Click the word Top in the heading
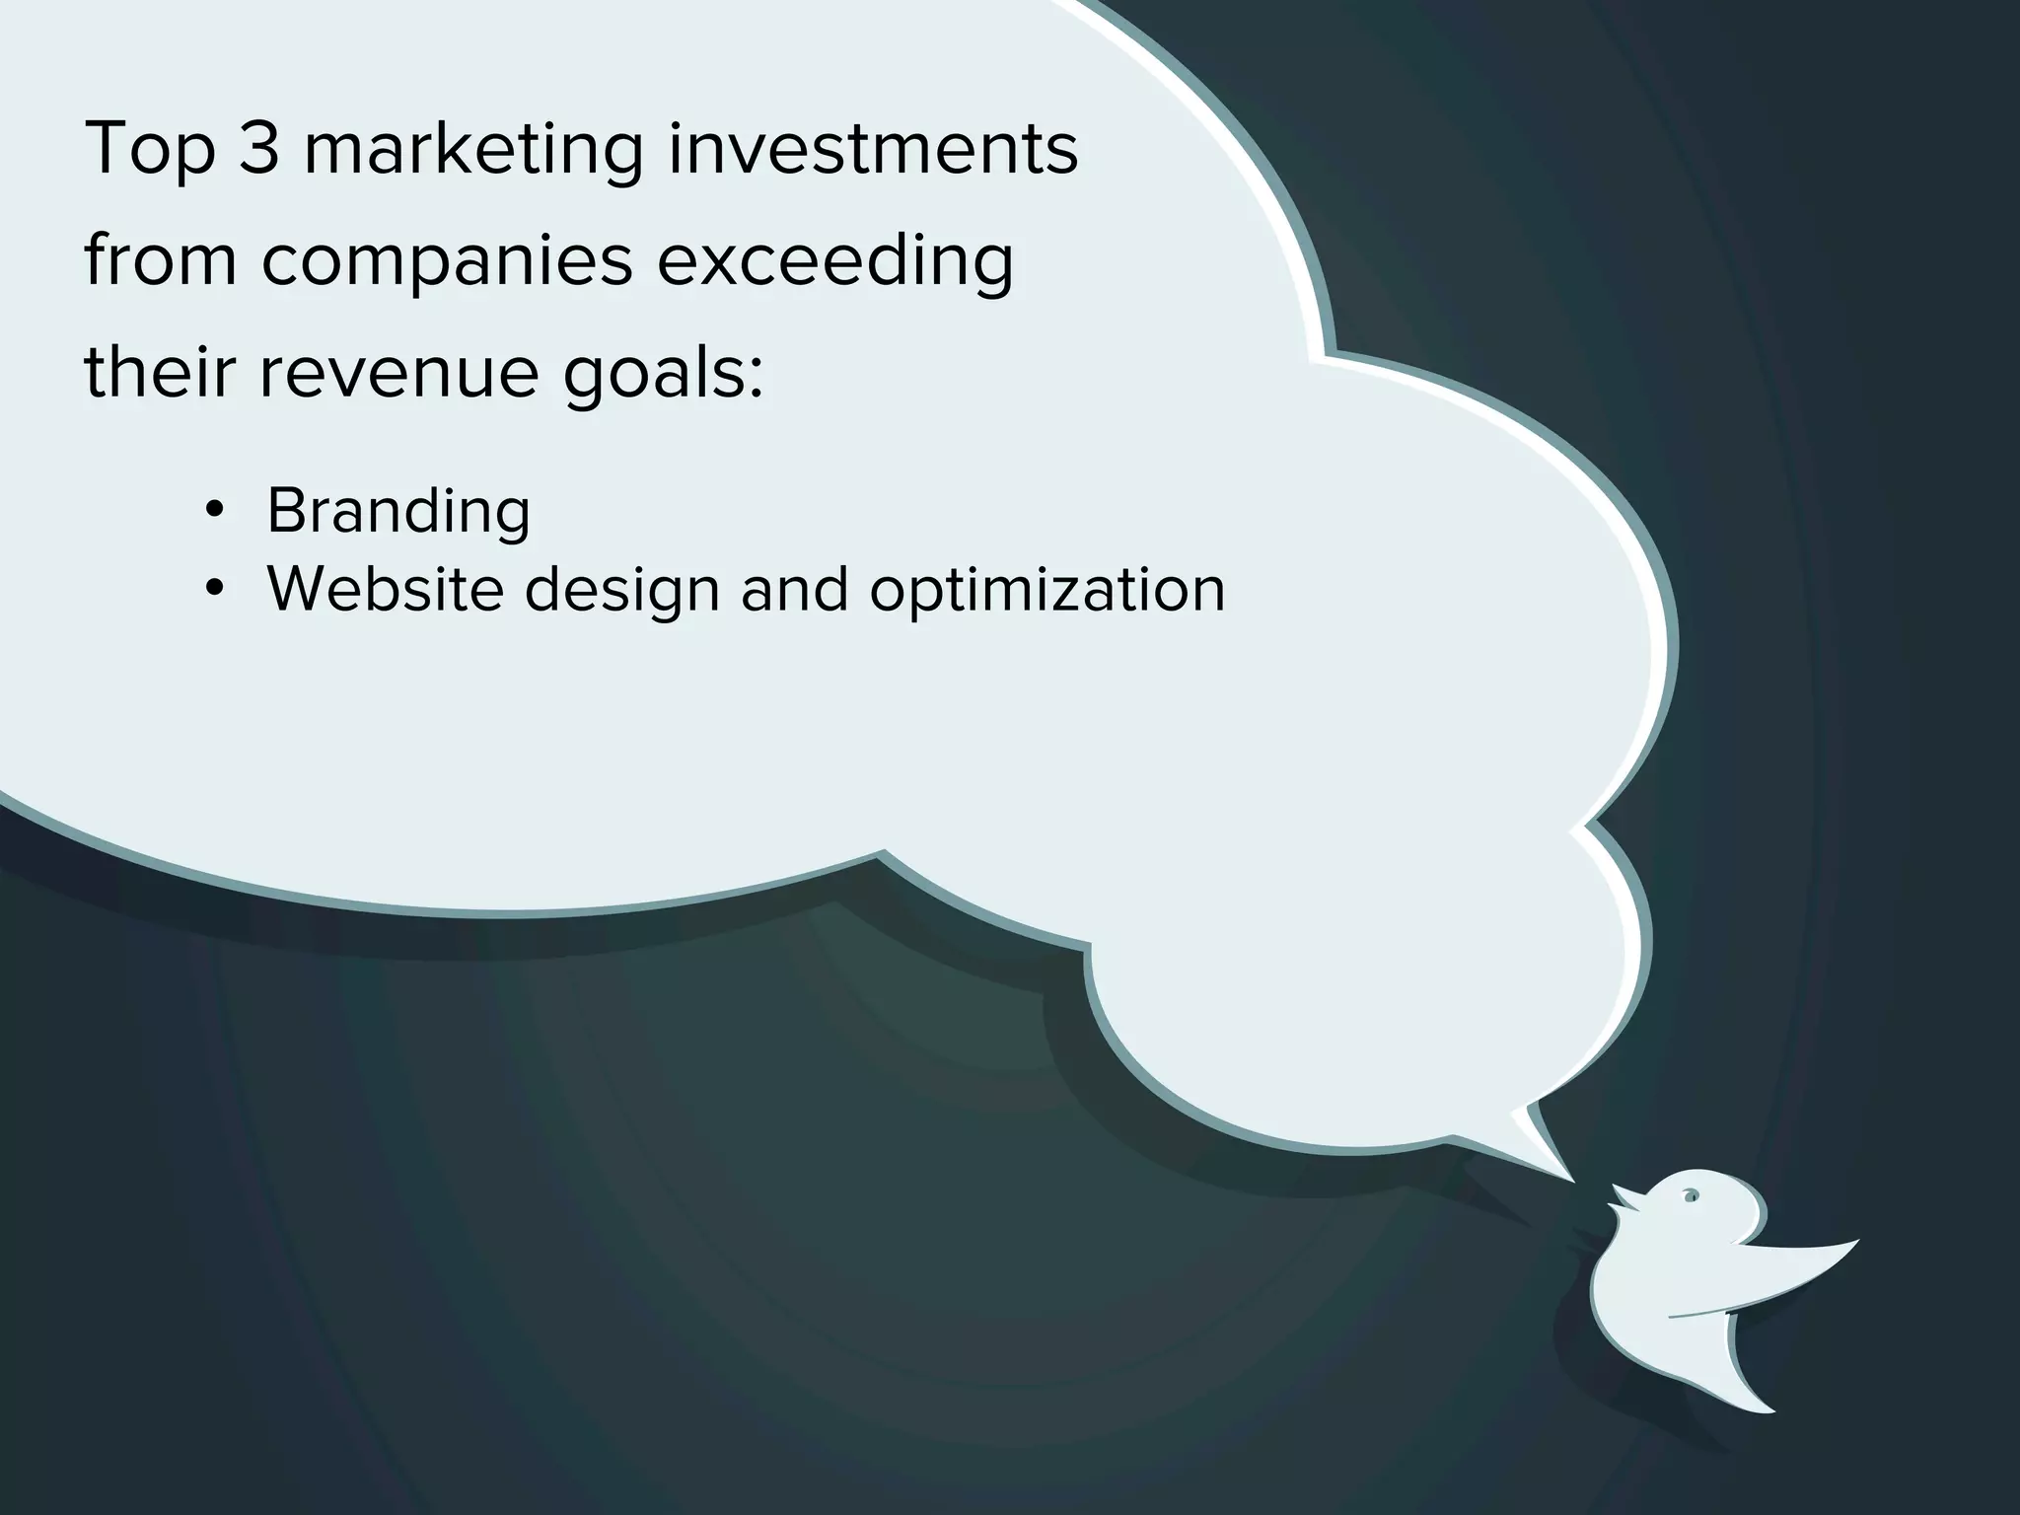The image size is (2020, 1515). point(150,150)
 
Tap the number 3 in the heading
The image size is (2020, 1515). point(258,149)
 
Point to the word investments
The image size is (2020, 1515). point(873,149)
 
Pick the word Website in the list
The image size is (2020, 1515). point(385,589)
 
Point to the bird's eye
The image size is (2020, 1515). point(1690,1197)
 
